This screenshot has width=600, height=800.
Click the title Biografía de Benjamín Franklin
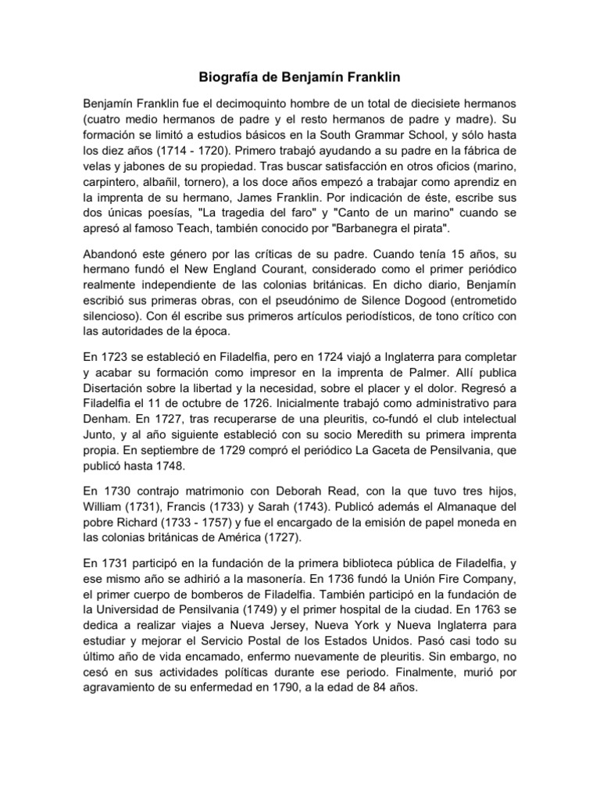point(300,78)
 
